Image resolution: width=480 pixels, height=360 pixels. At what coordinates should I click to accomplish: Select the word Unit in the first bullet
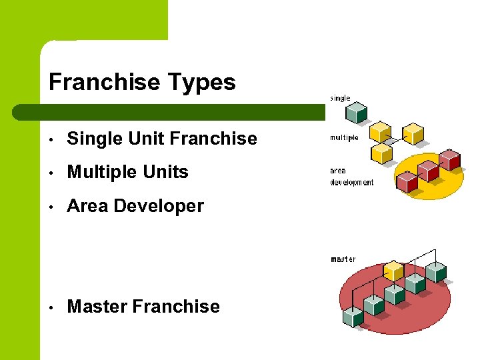coord(146,139)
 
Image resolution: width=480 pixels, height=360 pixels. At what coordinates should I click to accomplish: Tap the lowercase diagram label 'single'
coord(340,98)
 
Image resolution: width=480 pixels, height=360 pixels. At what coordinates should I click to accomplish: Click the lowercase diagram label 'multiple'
coord(345,138)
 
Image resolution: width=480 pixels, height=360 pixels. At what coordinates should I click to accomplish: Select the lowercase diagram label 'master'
coord(343,259)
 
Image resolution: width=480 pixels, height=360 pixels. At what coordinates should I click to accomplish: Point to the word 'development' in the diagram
coord(352,182)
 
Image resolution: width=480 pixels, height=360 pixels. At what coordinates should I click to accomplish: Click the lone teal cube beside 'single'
coord(359,112)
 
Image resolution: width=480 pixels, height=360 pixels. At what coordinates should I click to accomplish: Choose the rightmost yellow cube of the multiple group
coord(415,133)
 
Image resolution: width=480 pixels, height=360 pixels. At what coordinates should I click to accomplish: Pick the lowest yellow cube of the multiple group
coord(381,154)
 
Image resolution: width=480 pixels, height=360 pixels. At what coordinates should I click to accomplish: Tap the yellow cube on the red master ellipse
coord(395,270)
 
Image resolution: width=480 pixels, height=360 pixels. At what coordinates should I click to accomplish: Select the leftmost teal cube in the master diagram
coord(353,316)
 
